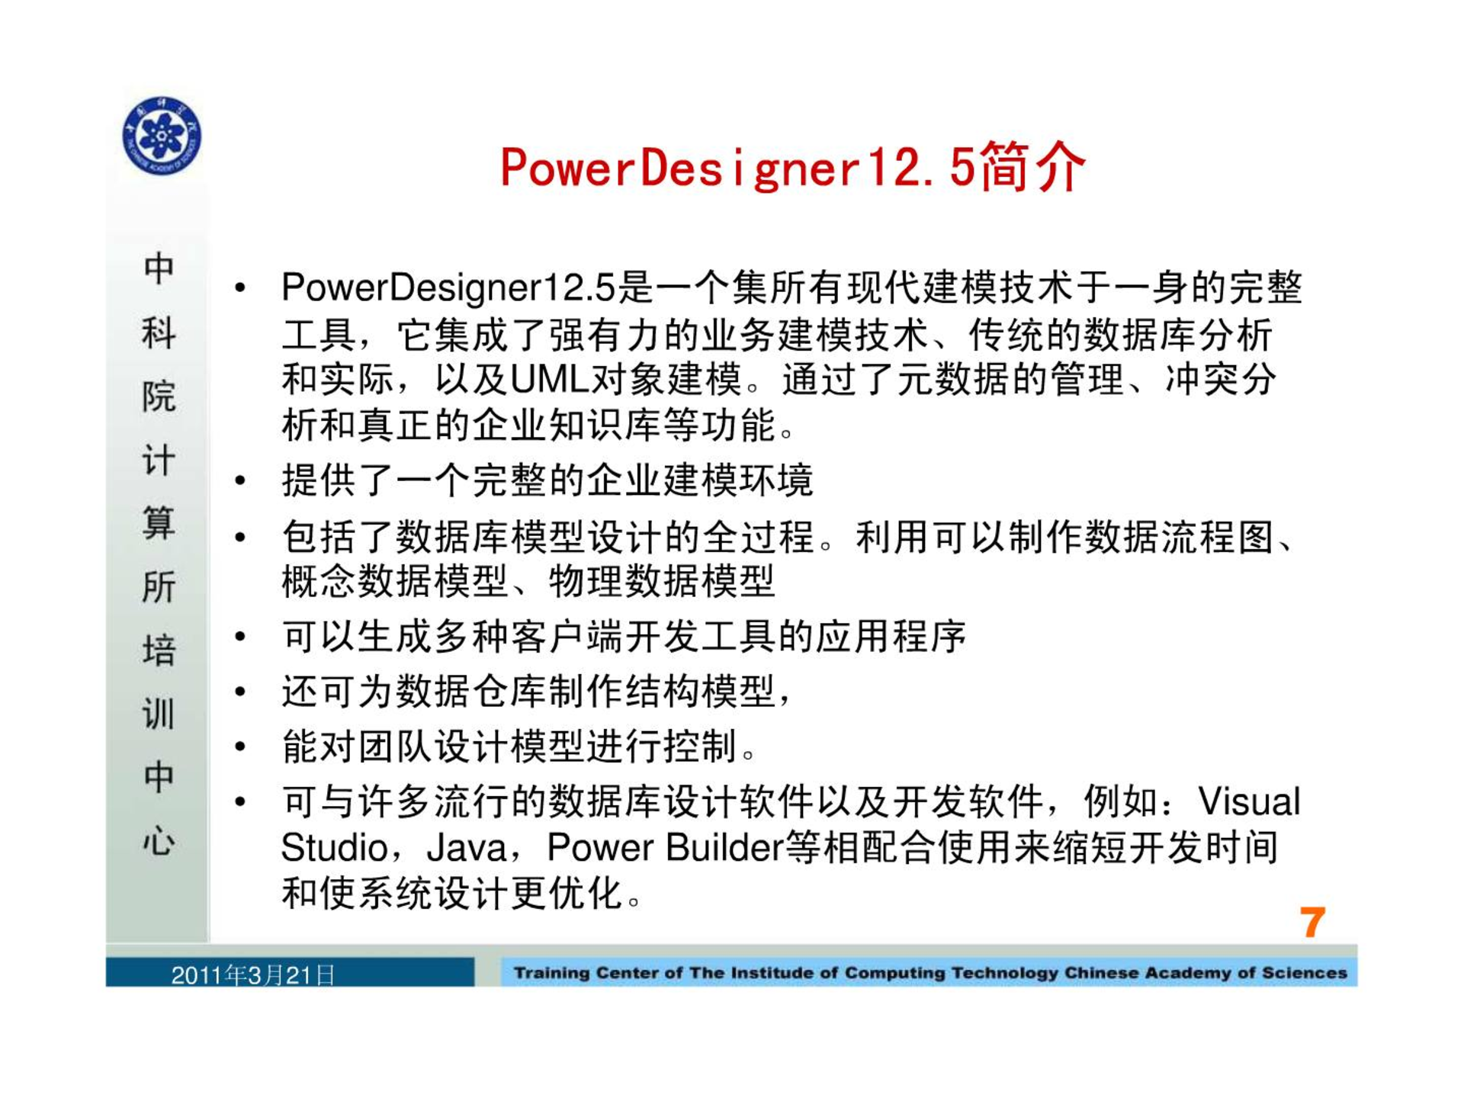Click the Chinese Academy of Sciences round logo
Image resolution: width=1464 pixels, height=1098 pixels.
162,136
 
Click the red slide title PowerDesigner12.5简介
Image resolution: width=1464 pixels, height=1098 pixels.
793,167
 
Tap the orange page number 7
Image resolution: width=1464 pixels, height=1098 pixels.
1312,923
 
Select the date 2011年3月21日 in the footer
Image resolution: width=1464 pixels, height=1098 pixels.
253,975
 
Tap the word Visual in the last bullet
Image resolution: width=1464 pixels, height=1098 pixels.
1249,801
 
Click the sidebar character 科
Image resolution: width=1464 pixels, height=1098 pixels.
159,332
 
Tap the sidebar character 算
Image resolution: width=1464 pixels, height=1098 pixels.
159,523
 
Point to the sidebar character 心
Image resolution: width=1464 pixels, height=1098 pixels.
159,840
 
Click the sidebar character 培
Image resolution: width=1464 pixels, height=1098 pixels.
159,650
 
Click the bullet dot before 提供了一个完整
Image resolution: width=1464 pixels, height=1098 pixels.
241,480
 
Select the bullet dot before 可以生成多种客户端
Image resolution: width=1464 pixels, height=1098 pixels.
241,636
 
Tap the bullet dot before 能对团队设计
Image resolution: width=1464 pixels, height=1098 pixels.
241,746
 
